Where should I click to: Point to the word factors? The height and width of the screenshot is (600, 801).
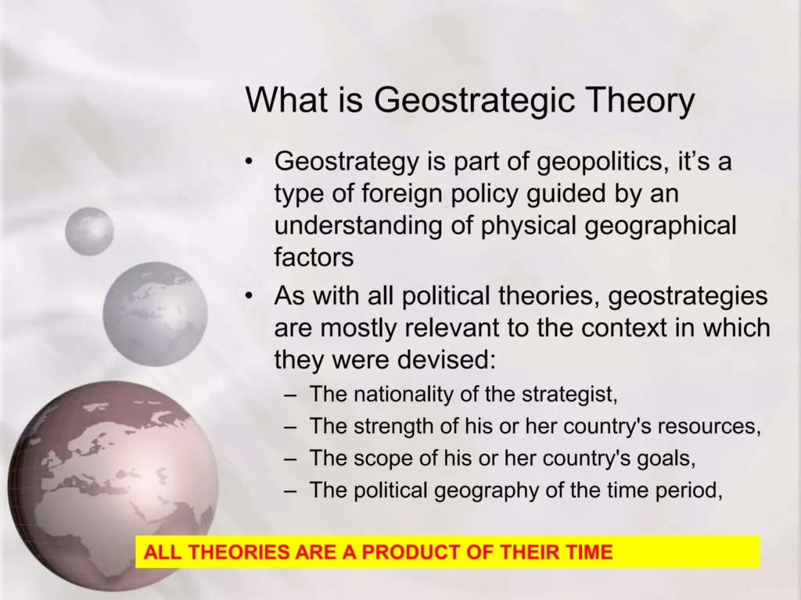pyautogui.click(x=314, y=256)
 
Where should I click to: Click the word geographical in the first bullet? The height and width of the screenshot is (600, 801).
pyautogui.click(x=660, y=226)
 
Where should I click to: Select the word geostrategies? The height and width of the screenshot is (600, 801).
pyautogui.click(x=688, y=297)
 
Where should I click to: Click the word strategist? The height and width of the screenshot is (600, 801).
pyautogui.click(x=569, y=395)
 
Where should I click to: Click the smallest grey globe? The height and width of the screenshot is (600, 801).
pyautogui.click(x=89, y=231)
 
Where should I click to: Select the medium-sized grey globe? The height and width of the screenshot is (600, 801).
pyautogui.click(x=155, y=314)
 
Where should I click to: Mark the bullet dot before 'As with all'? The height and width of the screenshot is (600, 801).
pyautogui.click(x=249, y=296)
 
